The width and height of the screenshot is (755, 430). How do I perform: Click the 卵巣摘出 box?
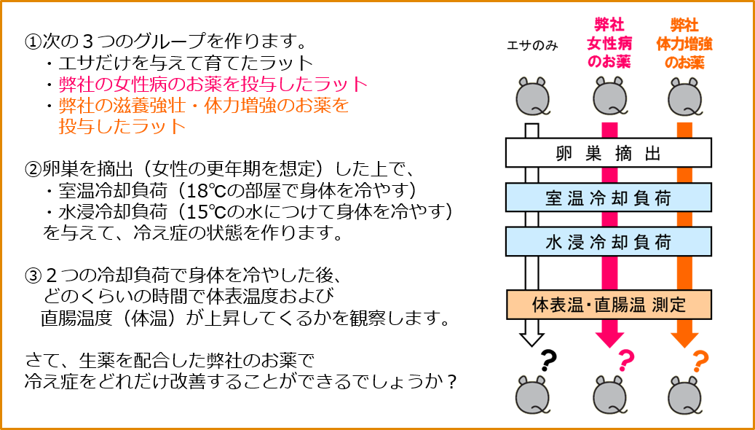(608, 153)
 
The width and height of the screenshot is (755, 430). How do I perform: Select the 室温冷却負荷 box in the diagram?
(608, 198)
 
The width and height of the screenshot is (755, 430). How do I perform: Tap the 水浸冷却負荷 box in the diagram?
(608, 241)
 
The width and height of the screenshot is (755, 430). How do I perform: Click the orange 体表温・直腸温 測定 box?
(609, 305)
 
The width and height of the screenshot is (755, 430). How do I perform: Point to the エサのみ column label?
(532, 46)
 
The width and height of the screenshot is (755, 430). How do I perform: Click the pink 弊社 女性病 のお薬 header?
(609, 44)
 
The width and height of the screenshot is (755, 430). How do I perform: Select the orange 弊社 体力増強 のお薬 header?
(684, 44)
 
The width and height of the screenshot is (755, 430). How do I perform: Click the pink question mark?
(626, 360)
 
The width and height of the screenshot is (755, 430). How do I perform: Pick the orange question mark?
(700, 360)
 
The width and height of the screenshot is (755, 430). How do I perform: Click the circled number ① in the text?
(32, 42)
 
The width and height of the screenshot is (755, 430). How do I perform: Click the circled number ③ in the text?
(32, 276)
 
